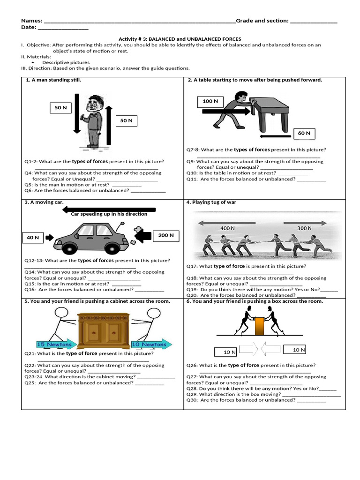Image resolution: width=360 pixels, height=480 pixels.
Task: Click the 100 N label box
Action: (210, 101)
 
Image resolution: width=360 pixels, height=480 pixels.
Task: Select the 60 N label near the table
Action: (304, 133)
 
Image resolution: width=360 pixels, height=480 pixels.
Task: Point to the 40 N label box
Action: (33, 238)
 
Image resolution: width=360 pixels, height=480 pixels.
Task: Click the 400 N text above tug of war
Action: (227, 228)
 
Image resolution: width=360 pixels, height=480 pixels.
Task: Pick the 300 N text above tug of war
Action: (304, 228)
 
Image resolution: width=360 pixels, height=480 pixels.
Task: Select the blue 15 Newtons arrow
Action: (55, 345)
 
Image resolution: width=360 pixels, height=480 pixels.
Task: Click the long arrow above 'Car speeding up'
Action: (109, 210)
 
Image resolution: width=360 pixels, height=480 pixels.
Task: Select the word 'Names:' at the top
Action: (31, 21)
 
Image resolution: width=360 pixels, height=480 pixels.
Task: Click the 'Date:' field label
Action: (29, 28)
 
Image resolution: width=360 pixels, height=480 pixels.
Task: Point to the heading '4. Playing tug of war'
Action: (211, 202)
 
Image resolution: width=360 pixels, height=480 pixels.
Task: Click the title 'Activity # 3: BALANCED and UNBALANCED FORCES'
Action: (180, 39)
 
